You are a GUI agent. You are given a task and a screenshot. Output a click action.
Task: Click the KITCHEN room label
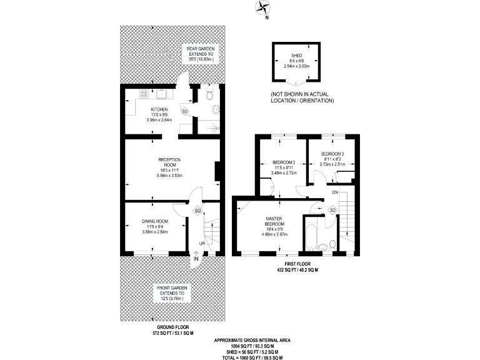141,109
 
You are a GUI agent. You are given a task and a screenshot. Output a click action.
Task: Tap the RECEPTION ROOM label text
169,160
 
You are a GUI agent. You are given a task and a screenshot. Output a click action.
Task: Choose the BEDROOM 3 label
332,154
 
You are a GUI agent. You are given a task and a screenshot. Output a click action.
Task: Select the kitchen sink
161,95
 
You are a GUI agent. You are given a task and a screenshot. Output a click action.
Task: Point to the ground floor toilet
210,96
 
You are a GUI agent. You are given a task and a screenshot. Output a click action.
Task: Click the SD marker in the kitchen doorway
184,111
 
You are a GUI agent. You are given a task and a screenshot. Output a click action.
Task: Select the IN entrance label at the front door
196,258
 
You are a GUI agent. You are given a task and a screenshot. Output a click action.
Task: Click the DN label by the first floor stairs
335,192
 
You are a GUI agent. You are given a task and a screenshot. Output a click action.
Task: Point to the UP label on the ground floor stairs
202,243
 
